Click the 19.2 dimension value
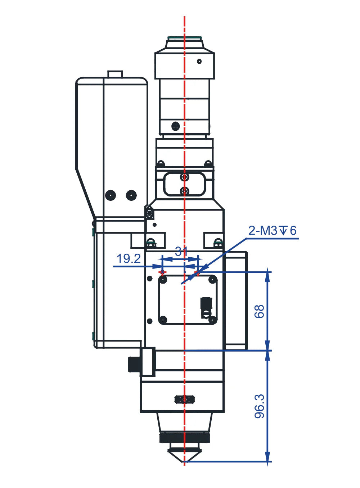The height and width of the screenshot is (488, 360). pyautogui.click(x=129, y=259)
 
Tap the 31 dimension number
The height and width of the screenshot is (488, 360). pyautogui.click(x=181, y=252)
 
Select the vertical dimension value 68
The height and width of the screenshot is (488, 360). pyautogui.click(x=259, y=312)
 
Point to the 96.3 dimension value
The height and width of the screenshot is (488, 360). pyautogui.click(x=259, y=406)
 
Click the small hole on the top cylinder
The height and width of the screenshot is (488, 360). pyautogui.click(x=199, y=62)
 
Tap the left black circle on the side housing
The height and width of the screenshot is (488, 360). pyautogui.click(x=111, y=195)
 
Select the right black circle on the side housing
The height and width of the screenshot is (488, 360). pyautogui.click(x=131, y=195)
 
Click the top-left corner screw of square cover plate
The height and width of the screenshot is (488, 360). pyautogui.click(x=163, y=280)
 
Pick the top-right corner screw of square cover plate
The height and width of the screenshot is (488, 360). pyautogui.click(x=212, y=280)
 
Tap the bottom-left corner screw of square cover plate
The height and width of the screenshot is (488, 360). pyautogui.click(x=163, y=320)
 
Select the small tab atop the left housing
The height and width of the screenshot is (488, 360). pyautogui.click(x=115, y=74)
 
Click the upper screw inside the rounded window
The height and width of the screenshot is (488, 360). pyautogui.click(x=185, y=177)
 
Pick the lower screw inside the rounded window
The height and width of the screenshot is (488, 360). pyautogui.click(x=185, y=191)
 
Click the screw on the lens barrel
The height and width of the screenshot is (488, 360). pyautogui.click(x=176, y=126)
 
